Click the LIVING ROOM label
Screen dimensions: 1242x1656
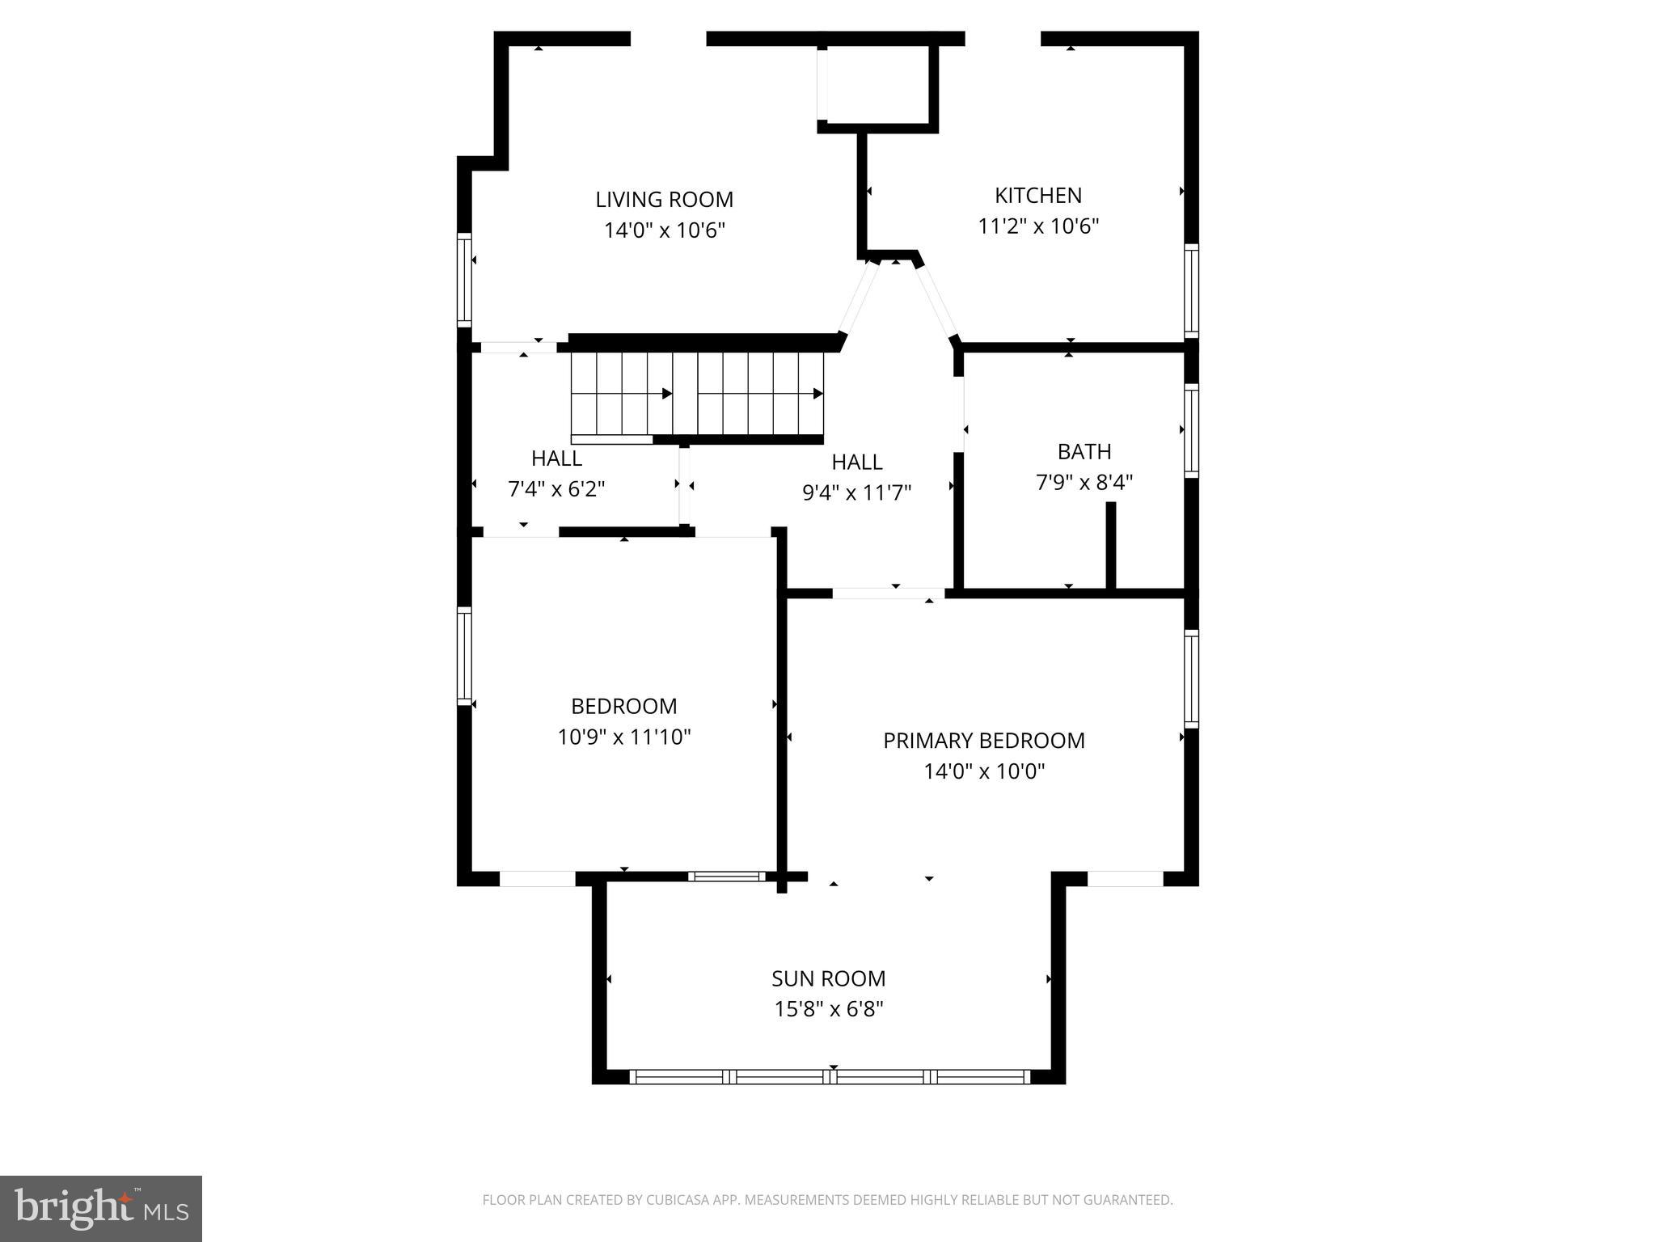[x=664, y=200]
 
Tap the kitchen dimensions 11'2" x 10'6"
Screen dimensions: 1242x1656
[x=1038, y=226]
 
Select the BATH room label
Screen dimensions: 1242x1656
[x=1084, y=451]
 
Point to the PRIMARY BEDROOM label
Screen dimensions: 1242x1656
[x=983, y=741]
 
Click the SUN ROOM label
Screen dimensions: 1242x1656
[x=828, y=978]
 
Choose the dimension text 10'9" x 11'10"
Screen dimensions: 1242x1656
[x=623, y=737]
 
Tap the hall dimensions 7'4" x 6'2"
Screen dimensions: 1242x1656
[x=556, y=489]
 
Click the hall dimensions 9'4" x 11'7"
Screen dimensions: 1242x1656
[x=856, y=493]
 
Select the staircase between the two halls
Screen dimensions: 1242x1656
[x=697, y=395]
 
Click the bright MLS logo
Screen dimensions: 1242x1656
[x=101, y=1209]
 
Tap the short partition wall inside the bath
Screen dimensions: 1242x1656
[x=1110, y=545]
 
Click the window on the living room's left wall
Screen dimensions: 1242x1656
[x=464, y=279]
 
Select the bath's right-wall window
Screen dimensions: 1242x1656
[x=1191, y=430]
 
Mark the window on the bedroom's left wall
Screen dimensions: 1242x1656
[x=464, y=655]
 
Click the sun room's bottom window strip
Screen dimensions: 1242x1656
[x=830, y=1076]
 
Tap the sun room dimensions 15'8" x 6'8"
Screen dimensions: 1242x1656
[x=828, y=1010]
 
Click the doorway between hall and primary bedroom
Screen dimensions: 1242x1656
[x=888, y=594]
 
